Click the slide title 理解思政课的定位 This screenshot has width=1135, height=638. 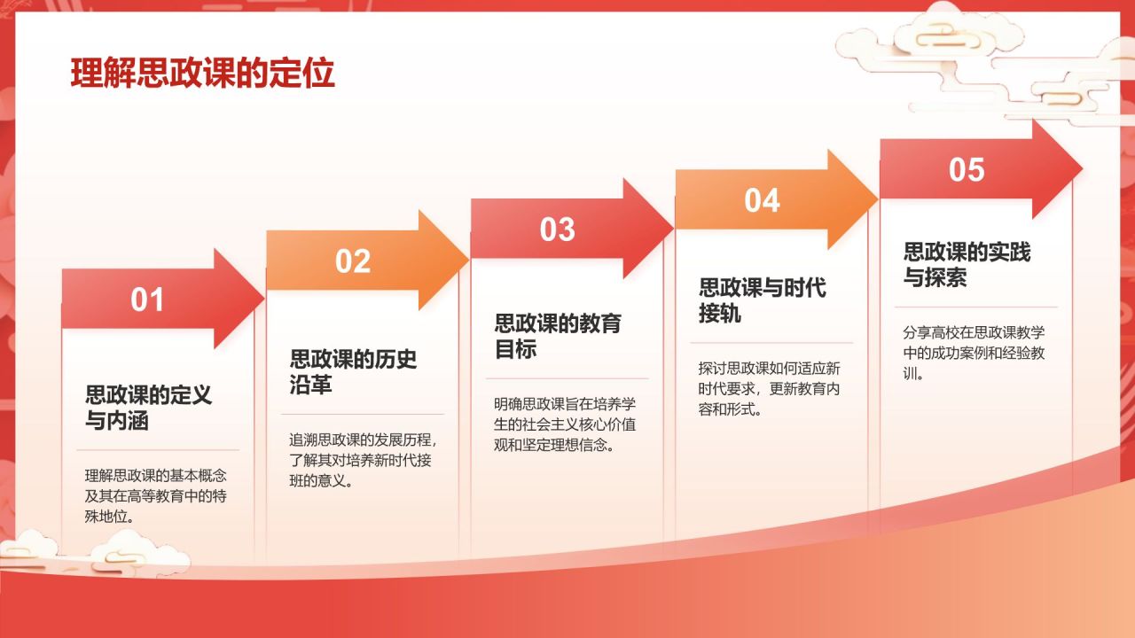[x=202, y=74]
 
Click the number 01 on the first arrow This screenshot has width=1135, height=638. [x=148, y=300]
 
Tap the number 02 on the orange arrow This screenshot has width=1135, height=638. [x=352, y=261]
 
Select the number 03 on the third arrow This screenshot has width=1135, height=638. [x=557, y=230]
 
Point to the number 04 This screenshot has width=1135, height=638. [x=762, y=200]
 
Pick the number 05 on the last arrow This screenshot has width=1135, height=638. [x=967, y=169]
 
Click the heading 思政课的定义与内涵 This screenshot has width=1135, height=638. [x=148, y=408]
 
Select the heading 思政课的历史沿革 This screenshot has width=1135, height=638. [x=353, y=372]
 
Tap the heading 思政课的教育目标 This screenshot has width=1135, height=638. [x=557, y=336]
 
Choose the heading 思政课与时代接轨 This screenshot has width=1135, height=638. [x=762, y=300]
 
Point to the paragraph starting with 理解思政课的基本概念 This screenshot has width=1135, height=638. [x=155, y=496]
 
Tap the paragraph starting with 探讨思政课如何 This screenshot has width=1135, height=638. [x=769, y=388]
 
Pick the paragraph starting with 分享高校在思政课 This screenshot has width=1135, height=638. [x=974, y=353]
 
